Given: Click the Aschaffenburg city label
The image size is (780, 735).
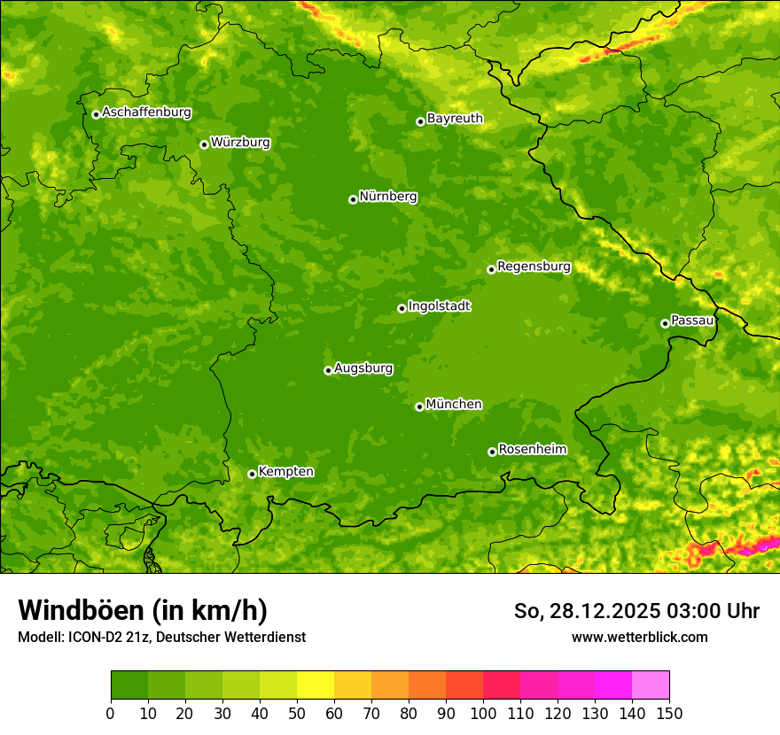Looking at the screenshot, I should (146, 112).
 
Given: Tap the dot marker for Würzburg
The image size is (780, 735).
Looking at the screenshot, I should (204, 144).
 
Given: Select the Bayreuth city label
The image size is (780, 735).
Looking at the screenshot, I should (455, 119).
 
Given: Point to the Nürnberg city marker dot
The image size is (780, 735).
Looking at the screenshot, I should (353, 199).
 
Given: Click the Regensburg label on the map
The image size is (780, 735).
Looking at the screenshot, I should (534, 267).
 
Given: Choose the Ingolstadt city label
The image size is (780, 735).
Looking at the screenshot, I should (439, 306).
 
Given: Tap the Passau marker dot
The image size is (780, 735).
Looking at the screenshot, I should (665, 323).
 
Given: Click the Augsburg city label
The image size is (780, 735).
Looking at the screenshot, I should (363, 368).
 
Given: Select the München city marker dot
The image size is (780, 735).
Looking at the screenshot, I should (419, 406).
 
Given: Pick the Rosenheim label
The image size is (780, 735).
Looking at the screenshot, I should (532, 450).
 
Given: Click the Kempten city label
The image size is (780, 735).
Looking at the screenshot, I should (285, 472).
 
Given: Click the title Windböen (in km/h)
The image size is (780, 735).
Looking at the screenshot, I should (143, 610).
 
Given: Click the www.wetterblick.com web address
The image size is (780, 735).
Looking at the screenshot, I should (639, 638).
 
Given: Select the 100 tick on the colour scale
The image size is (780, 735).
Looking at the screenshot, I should (483, 714).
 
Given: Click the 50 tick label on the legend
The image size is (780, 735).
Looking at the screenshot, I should (297, 714).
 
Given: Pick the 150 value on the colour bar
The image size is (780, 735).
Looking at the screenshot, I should (669, 714).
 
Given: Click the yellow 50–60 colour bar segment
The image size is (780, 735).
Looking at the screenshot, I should (316, 685).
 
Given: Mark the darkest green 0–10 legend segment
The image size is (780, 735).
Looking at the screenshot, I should (129, 685).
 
